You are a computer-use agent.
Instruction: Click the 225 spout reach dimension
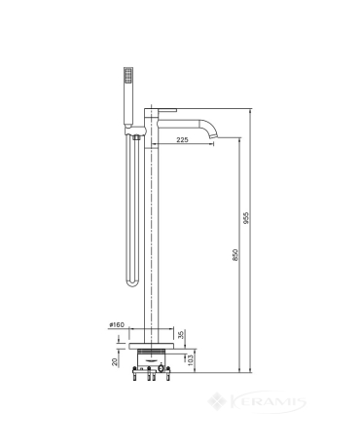(182, 140)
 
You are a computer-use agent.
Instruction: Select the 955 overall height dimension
(246, 218)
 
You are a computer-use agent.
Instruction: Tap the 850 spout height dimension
(235, 254)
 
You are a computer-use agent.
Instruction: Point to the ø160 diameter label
(117, 324)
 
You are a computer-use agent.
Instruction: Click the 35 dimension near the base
(182, 334)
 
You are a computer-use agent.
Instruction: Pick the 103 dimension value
(191, 360)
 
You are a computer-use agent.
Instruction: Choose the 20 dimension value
(115, 361)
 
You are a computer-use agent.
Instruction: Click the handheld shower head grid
(128, 75)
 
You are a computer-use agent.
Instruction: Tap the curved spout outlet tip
(213, 135)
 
